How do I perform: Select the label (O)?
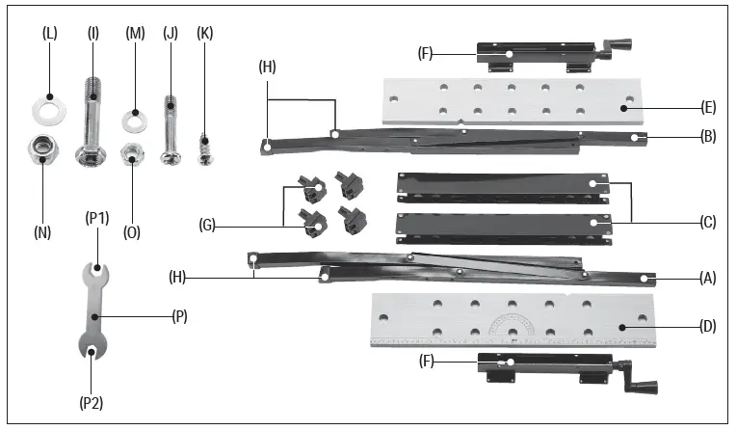tap(133, 231)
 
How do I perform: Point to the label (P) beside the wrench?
tap(177, 315)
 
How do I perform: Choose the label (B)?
tap(708, 138)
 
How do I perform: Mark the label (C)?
tap(709, 222)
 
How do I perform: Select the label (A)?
tap(708, 278)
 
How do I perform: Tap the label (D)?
tap(708, 327)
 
